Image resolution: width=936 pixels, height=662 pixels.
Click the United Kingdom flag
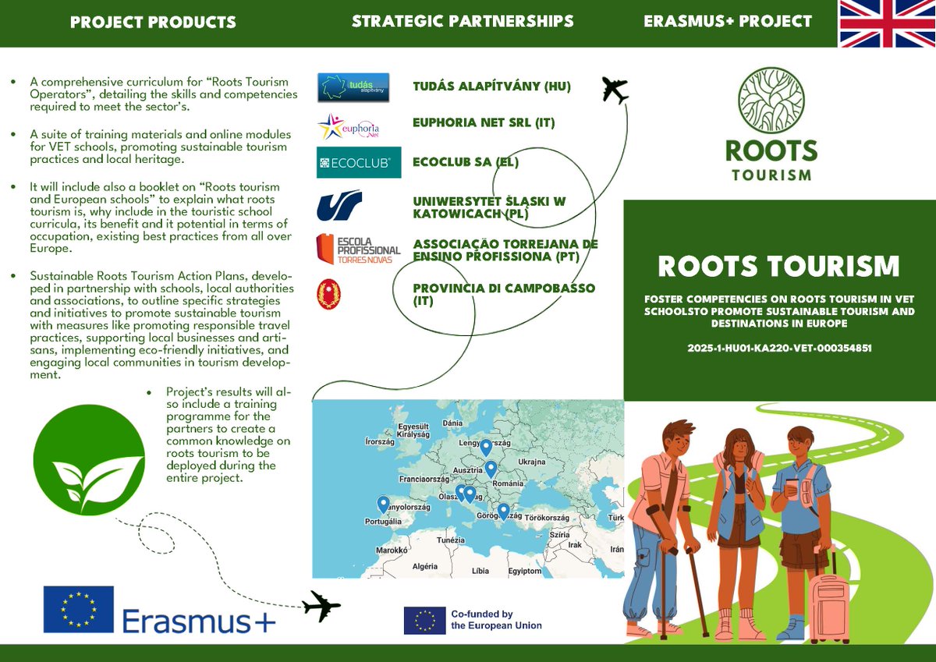(x=887, y=23)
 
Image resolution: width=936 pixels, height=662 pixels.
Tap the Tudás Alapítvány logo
(x=353, y=87)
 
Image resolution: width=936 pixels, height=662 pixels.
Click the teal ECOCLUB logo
(x=359, y=162)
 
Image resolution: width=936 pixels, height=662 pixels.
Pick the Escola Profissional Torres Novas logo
(x=357, y=249)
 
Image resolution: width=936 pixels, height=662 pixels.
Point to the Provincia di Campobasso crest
(x=328, y=295)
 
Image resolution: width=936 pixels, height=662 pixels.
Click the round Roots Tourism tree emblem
(x=771, y=101)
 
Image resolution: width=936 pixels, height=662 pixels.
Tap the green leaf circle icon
(x=89, y=460)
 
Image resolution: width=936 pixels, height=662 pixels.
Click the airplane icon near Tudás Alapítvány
(x=615, y=90)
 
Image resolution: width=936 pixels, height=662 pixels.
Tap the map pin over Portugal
(x=383, y=504)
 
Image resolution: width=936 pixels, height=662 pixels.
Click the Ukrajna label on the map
(x=531, y=462)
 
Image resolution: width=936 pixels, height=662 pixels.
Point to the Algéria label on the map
(x=426, y=566)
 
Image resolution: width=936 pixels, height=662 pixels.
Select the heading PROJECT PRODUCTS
(x=153, y=22)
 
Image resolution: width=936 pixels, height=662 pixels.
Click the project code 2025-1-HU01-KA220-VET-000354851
(x=779, y=349)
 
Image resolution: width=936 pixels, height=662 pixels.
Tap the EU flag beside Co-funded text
(x=424, y=620)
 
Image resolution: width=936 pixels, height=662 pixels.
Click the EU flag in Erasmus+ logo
(x=78, y=609)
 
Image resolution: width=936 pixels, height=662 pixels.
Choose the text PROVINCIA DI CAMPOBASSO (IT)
(x=504, y=294)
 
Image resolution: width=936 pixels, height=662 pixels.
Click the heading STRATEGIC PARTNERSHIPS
(x=463, y=21)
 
